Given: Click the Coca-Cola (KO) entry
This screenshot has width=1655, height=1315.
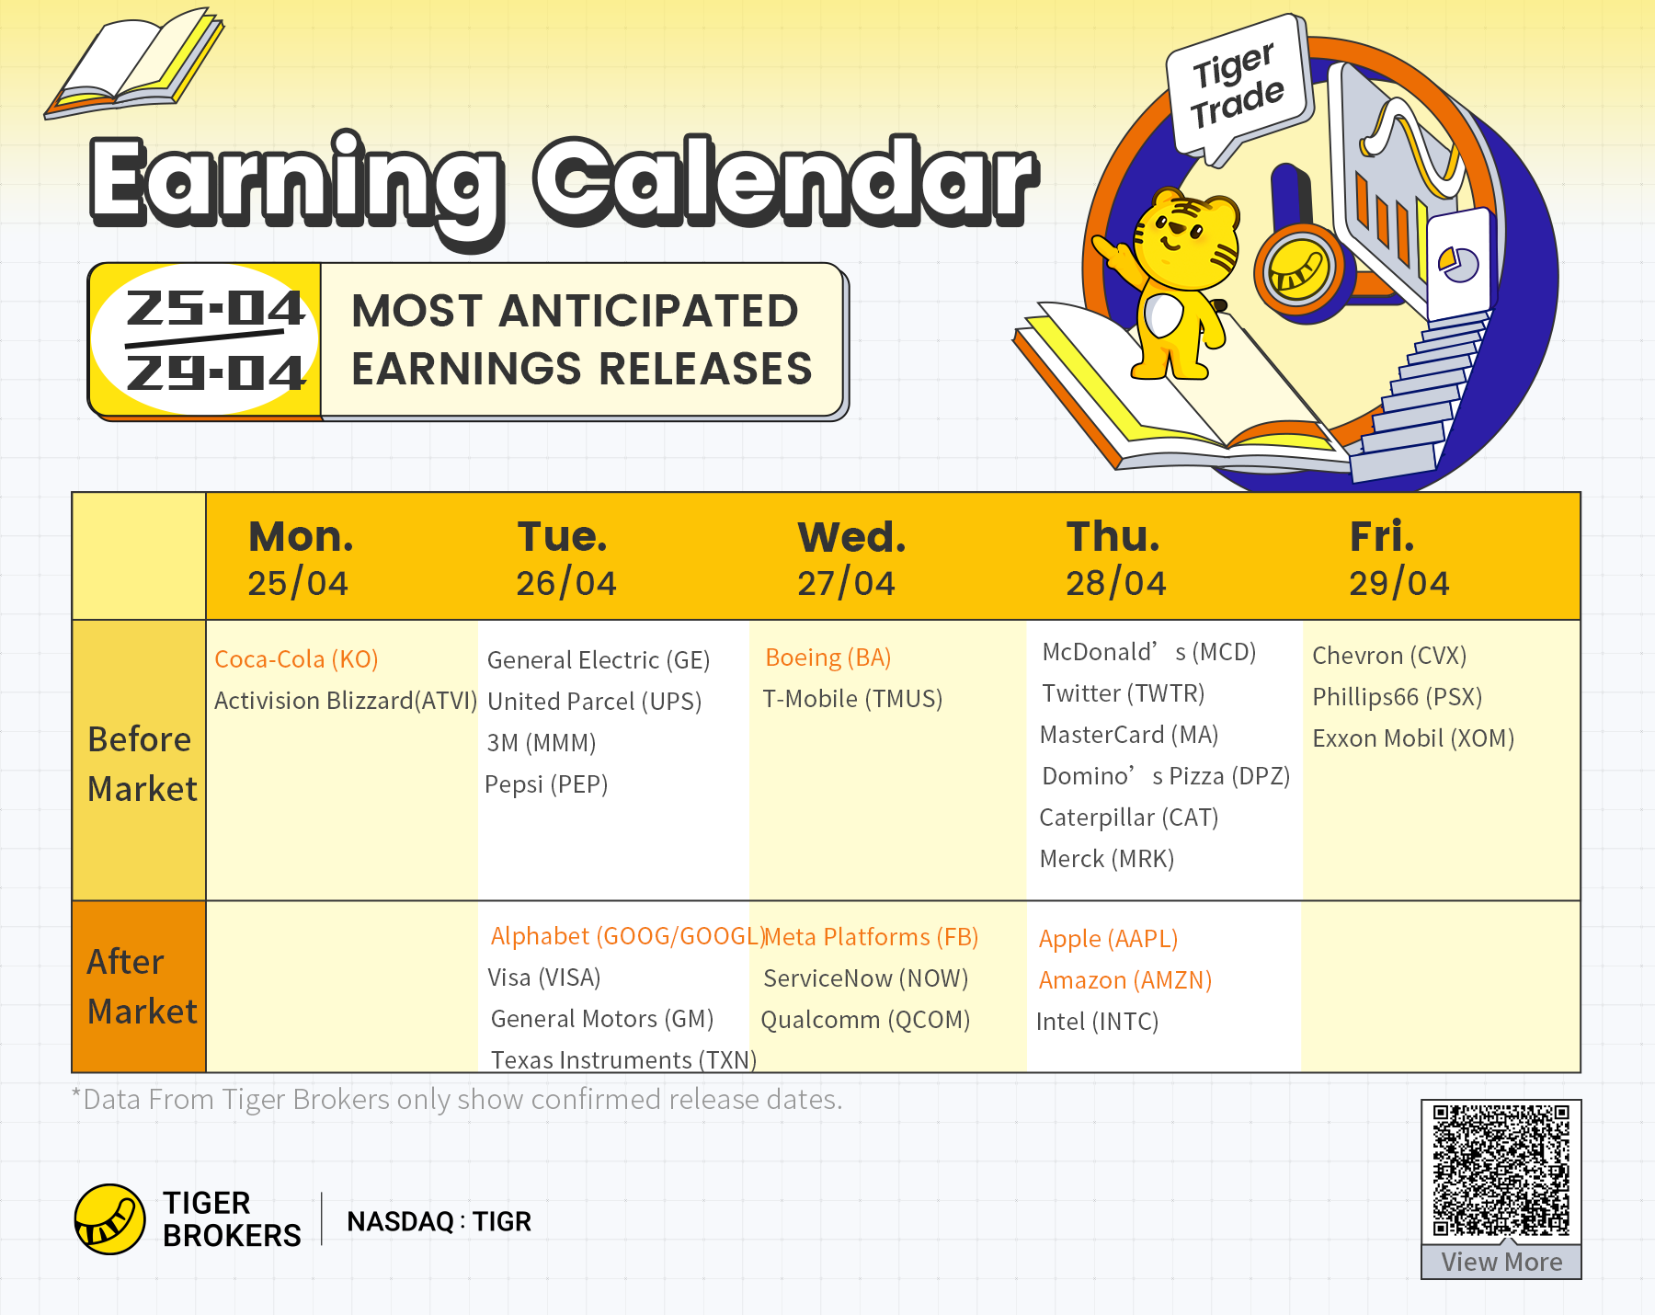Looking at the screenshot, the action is point(296,659).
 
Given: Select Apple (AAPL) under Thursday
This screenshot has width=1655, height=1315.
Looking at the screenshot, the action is point(1108,939).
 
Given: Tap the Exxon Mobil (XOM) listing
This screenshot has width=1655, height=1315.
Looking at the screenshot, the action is point(1413,738).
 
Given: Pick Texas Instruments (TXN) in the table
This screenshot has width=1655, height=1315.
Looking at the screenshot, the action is point(623,1060).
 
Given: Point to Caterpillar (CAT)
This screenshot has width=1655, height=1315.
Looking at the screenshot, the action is point(1128,818).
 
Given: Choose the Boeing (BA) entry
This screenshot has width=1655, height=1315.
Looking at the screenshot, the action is point(828,657).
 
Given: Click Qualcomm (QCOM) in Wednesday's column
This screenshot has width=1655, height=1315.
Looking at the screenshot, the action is point(865,1020).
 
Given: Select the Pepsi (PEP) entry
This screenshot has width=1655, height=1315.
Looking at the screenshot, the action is point(546,784).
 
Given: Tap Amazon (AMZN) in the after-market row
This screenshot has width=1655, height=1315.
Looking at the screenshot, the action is point(1125,980).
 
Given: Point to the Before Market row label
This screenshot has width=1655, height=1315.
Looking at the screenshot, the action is point(142,763).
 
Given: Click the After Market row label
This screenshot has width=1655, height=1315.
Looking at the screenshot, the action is point(142,986).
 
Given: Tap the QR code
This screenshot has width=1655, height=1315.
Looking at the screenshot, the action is point(1501,1171).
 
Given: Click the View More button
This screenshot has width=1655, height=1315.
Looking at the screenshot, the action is point(1501,1262).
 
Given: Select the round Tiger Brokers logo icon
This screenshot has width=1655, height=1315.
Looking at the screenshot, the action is point(109,1219).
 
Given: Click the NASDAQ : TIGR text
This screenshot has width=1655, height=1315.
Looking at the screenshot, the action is point(439,1221).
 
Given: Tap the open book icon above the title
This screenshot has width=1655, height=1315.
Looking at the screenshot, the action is point(134,63).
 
